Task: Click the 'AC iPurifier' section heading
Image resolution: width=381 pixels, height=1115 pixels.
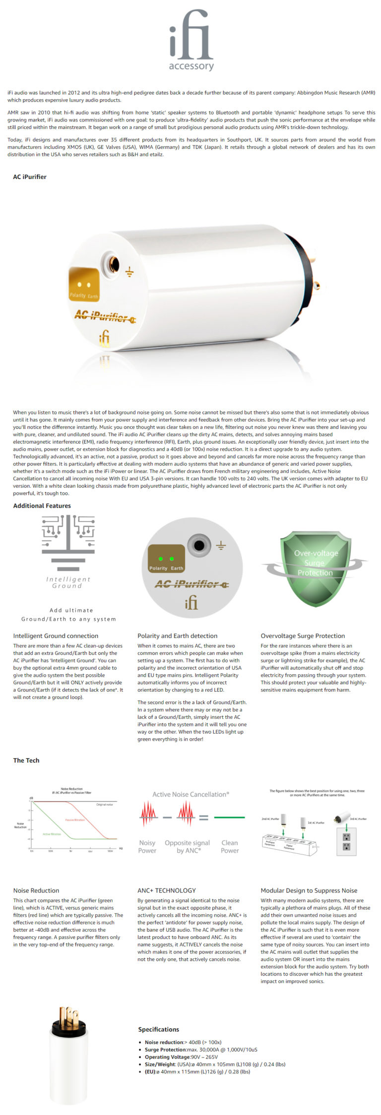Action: coord(30,177)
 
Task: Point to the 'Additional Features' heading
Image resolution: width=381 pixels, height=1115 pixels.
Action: coord(42,506)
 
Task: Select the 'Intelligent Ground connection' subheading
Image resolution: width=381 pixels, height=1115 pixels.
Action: coord(56,636)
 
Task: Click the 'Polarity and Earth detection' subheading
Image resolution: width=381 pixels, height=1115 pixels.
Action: coord(177,636)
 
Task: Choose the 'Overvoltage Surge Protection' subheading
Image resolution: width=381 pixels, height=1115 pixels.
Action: coord(303,636)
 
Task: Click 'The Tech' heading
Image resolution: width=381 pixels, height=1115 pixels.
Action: coord(26,760)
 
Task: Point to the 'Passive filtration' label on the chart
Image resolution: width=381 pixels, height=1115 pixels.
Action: coord(75,820)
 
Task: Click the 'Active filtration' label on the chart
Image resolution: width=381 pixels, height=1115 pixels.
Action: coord(52,834)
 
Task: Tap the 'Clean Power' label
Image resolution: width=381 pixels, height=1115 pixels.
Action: coord(230,846)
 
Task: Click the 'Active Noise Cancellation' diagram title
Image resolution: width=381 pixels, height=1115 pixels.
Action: coord(190,794)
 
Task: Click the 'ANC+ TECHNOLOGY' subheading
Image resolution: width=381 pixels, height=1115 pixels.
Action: coord(167,890)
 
